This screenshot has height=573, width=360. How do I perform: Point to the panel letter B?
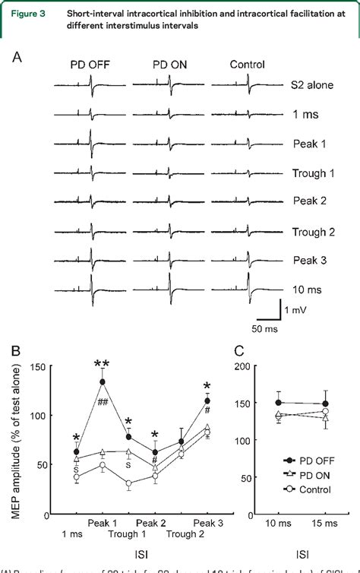click(x=16, y=353)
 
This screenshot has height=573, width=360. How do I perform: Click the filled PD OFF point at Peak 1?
click(x=102, y=381)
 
